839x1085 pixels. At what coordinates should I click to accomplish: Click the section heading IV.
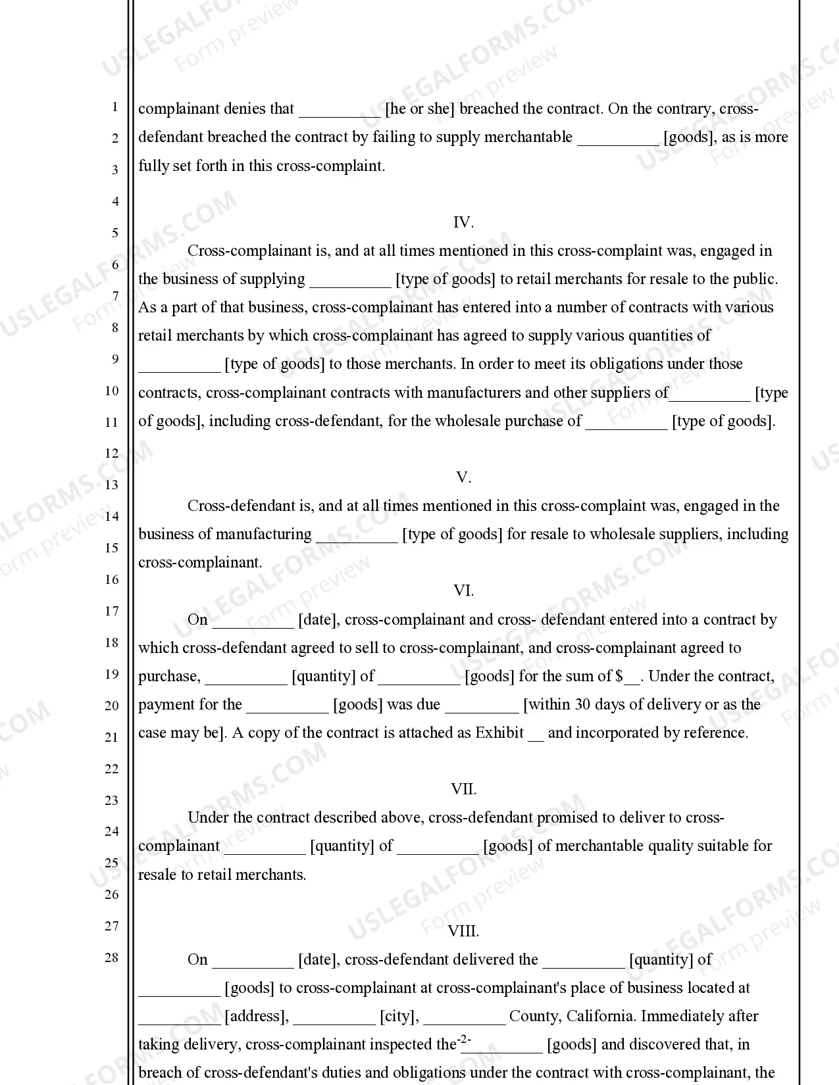[463, 222]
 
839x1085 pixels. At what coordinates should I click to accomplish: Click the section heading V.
[463, 477]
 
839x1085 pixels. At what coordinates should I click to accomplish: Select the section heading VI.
[463, 591]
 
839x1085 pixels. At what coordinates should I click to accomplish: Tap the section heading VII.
[463, 788]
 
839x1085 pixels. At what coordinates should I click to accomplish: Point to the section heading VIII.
[463, 930]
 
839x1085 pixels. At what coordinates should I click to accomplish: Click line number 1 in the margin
[114, 107]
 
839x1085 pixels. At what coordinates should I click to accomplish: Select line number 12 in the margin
[112, 453]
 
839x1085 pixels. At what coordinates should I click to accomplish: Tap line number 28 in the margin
[112, 957]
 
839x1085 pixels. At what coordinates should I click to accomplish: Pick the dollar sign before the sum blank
[619, 676]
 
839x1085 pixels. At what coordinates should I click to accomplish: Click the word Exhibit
[499, 733]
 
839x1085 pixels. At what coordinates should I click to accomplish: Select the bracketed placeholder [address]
[257, 1016]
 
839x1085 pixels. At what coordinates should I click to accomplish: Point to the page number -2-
[465, 1040]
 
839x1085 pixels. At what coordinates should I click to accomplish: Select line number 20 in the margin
[112, 706]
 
